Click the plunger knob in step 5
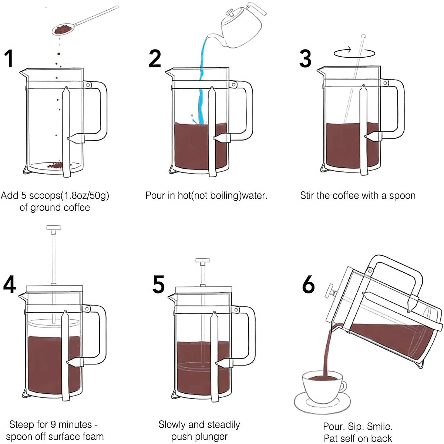202,262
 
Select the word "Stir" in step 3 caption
307,195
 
